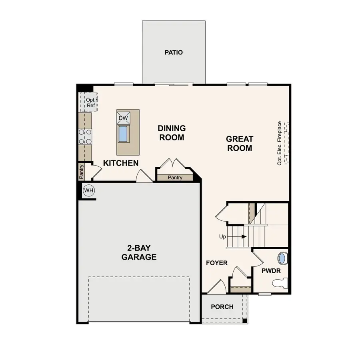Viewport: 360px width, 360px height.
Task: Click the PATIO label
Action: click(x=174, y=52)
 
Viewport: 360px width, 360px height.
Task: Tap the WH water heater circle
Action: click(x=88, y=190)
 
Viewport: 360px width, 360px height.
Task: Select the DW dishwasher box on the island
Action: click(x=124, y=118)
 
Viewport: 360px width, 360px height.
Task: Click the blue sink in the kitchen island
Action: click(x=123, y=134)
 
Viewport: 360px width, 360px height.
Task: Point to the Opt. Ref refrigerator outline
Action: click(x=88, y=102)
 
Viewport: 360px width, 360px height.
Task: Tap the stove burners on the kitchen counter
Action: click(x=86, y=136)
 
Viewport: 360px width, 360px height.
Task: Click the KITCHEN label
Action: click(x=121, y=163)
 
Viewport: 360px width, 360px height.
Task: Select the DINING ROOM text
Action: click(x=171, y=133)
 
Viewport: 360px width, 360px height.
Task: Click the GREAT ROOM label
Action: click(x=240, y=144)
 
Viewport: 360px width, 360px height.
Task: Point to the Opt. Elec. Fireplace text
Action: click(x=280, y=143)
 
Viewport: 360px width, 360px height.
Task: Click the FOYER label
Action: click(x=217, y=263)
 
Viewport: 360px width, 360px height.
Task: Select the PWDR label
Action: click(x=271, y=271)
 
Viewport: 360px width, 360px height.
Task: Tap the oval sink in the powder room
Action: click(x=282, y=258)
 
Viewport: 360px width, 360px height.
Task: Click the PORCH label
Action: click(x=222, y=307)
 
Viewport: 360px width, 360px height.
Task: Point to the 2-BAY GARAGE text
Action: click(x=139, y=253)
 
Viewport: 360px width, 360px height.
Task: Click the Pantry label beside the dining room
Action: click(x=175, y=178)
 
